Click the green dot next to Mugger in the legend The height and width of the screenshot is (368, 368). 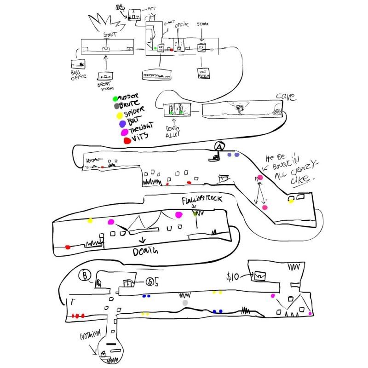pos(115,98)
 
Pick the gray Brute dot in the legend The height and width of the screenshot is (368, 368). pos(116,105)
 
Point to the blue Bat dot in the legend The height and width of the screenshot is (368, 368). pos(122,124)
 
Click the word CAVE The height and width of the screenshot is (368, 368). pos(285,97)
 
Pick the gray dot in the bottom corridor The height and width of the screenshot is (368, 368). pos(185,303)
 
